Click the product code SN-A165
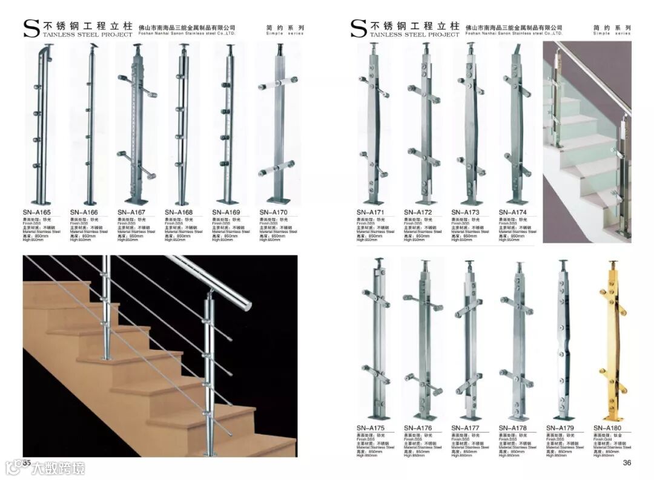(x=37, y=212)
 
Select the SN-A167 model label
(x=131, y=212)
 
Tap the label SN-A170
(x=273, y=212)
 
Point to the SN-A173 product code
(x=465, y=212)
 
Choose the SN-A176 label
(x=418, y=428)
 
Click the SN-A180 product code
(x=607, y=428)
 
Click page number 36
(x=627, y=463)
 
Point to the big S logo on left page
(x=31, y=29)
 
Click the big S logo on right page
(x=358, y=29)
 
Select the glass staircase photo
(x=587, y=142)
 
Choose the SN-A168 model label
(x=179, y=212)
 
